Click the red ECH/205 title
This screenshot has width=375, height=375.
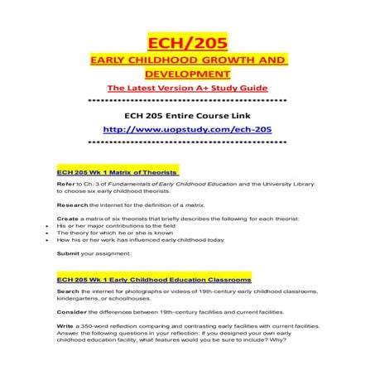(x=187, y=40)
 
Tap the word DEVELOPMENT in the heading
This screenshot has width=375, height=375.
(x=187, y=75)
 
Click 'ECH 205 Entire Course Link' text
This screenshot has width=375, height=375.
(x=187, y=117)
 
